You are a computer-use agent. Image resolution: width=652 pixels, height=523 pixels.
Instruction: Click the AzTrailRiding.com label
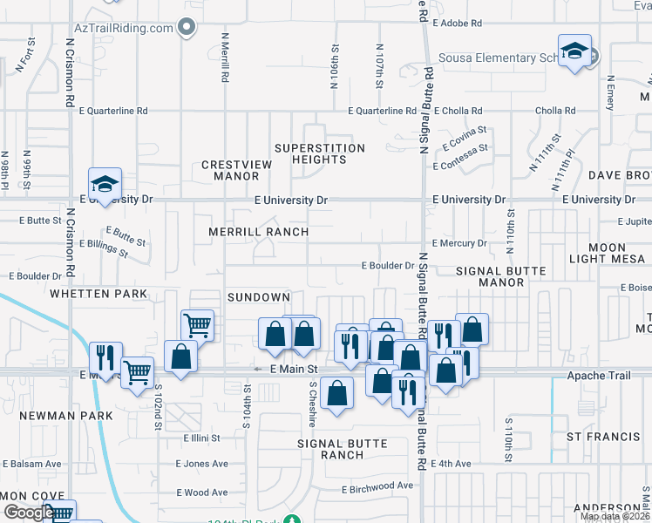click(124, 28)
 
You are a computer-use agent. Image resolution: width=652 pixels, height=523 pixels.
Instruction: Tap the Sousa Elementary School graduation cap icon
click(574, 51)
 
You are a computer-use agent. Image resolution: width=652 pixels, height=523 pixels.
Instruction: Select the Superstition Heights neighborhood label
click(319, 153)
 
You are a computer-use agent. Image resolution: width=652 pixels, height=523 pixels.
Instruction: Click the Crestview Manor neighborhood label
click(232, 170)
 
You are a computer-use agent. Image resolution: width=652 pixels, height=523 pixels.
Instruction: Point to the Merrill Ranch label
click(258, 232)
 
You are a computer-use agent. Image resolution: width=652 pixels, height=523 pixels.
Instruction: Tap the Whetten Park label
click(98, 294)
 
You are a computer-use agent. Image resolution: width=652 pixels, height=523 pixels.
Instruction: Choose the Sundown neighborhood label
click(258, 297)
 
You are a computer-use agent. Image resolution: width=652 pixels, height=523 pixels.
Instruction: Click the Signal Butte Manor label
click(501, 276)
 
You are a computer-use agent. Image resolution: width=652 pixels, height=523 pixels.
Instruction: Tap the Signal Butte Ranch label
click(342, 449)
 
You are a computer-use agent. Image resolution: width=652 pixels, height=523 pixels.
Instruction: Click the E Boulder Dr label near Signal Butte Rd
click(388, 266)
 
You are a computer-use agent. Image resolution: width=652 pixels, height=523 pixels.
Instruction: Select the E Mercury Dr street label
click(458, 243)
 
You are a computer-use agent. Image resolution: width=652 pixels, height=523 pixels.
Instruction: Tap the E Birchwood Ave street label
click(377, 486)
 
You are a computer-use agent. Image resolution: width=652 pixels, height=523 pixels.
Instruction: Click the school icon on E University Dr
click(105, 185)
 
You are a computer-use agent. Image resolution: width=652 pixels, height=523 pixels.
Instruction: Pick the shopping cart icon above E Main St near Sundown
click(198, 325)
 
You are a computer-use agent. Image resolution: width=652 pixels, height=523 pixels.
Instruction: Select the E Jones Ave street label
click(201, 464)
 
